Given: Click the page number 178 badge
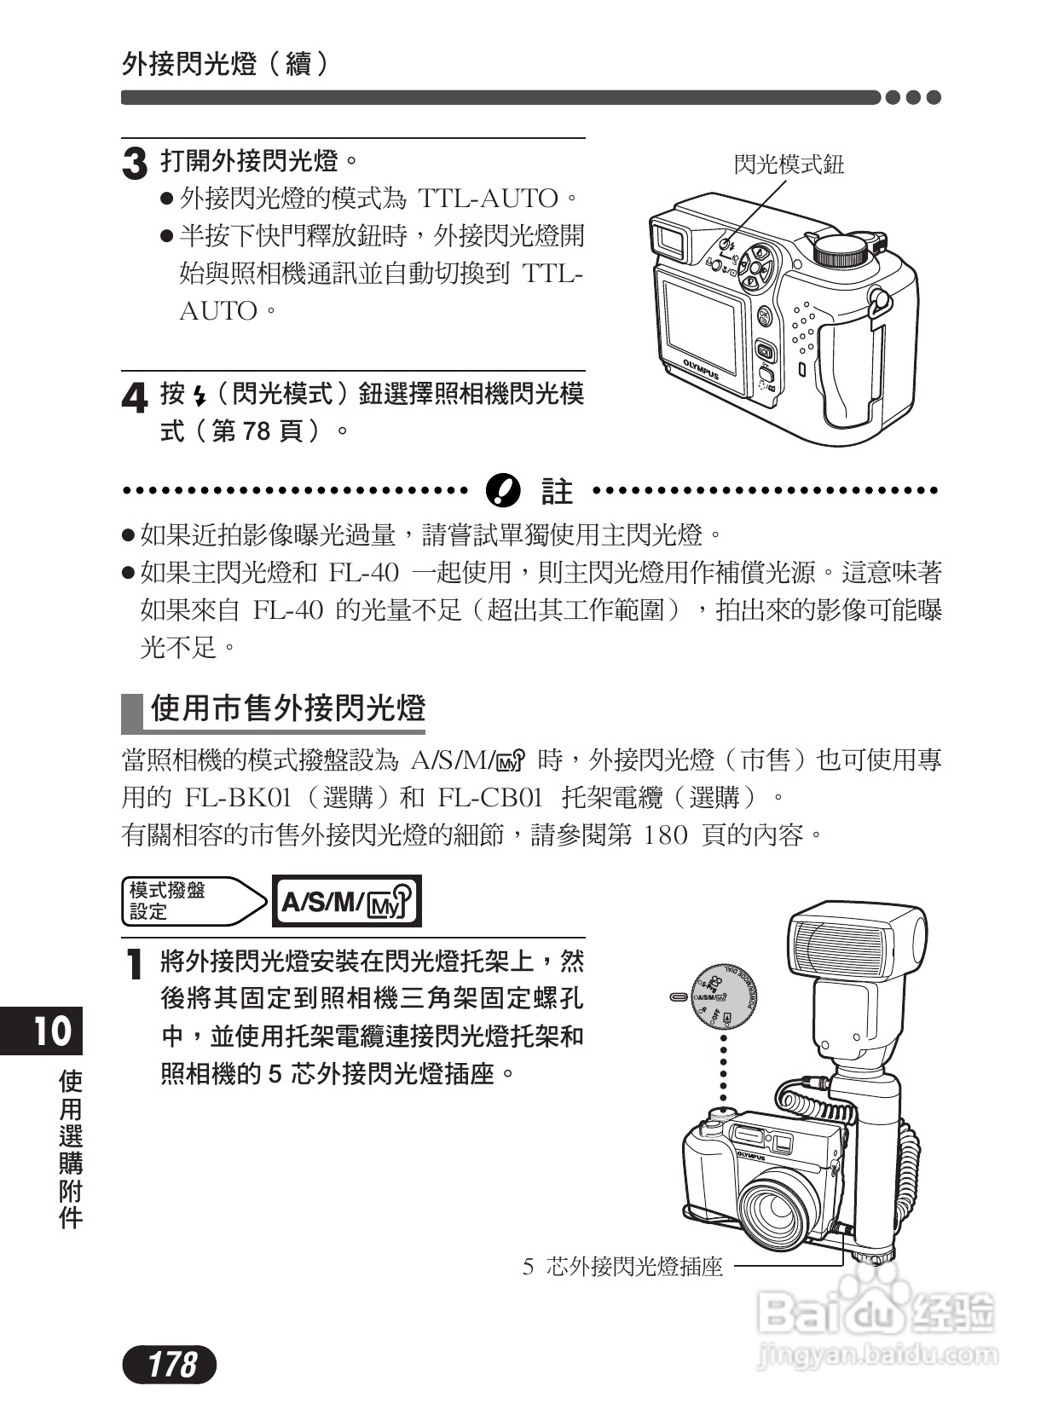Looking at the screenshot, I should (171, 1365).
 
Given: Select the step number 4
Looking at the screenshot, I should (135, 398).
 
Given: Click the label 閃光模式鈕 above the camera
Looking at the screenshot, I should (789, 165).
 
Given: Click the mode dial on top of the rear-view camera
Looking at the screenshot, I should (841, 250).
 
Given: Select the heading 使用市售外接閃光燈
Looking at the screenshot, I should (287, 709).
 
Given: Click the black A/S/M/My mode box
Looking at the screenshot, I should (346, 901).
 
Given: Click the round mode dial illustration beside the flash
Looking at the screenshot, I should (723, 998).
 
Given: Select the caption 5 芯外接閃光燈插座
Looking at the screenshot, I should (622, 1268).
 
